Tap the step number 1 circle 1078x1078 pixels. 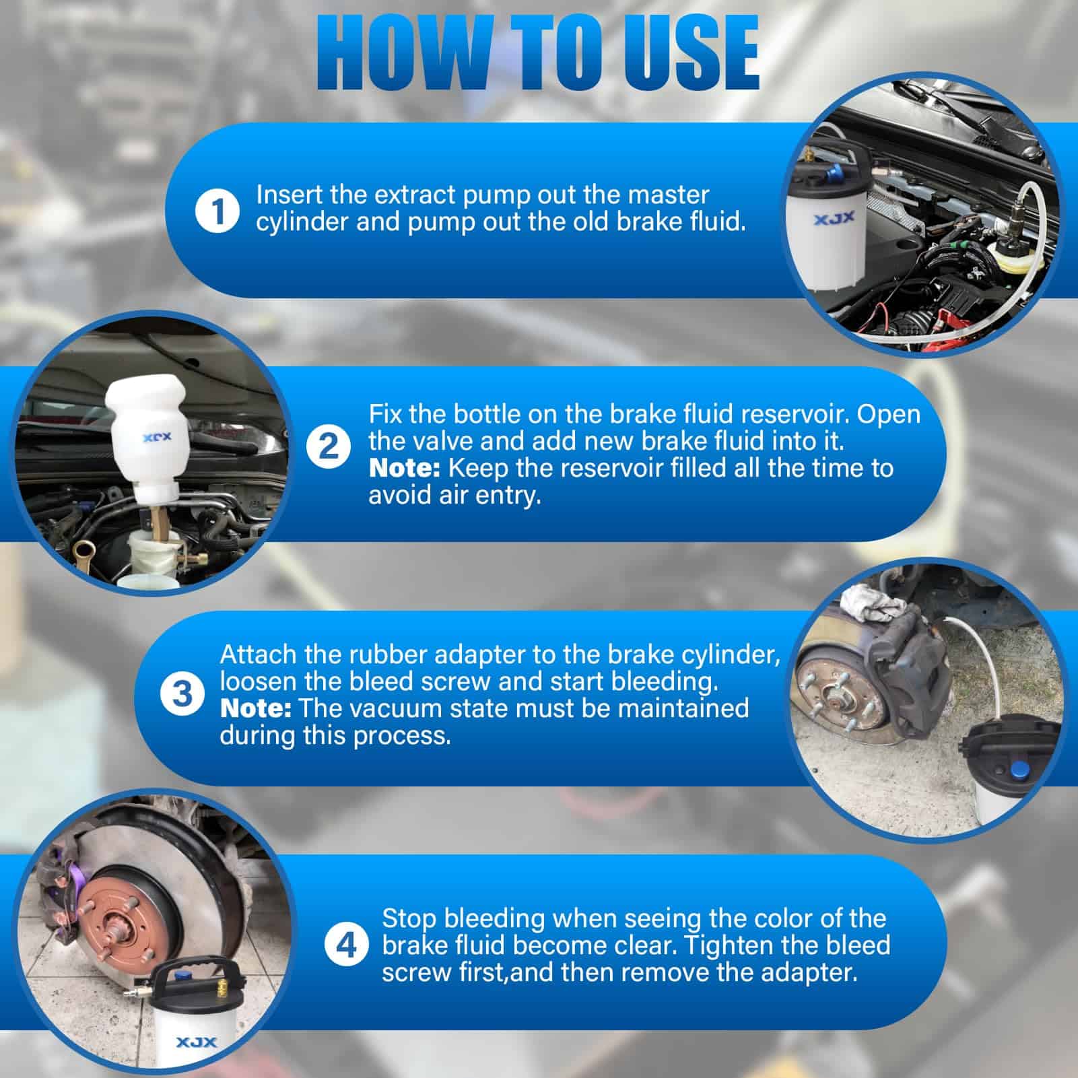[x=216, y=211]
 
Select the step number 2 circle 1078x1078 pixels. [x=328, y=447]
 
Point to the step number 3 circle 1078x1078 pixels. [x=182, y=694]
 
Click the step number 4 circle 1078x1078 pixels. [x=346, y=945]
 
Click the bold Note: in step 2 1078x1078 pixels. [x=404, y=468]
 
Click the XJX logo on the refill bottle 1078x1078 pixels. [x=157, y=437]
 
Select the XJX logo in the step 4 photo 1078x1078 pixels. [x=197, y=1043]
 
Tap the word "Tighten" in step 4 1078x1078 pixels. [x=729, y=945]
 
